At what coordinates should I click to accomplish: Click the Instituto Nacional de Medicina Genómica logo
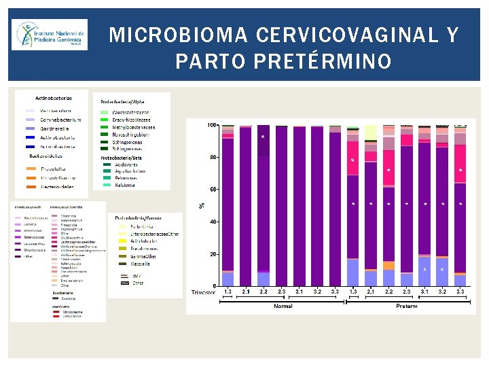49,35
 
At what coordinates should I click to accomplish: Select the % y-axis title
201,205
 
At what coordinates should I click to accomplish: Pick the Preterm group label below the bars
406,306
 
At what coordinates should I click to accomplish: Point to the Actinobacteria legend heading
54,98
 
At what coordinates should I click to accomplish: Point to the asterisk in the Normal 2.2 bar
263,138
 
